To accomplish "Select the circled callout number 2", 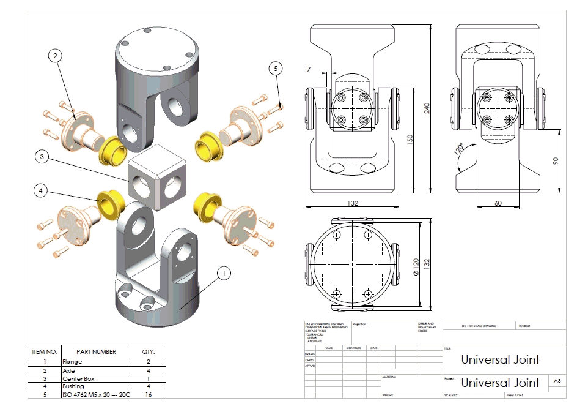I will click(x=56, y=56).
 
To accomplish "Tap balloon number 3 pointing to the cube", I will click(x=41, y=157).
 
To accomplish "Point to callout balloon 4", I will click(x=41, y=191).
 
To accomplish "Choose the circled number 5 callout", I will click(x=276, y=69).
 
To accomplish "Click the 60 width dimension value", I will click(x=498, y=203).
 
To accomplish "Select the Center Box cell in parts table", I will click(x=79, y=378).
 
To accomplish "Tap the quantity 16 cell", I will click(x=149, y=395).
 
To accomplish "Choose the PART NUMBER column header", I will click(x=96, y=352).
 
